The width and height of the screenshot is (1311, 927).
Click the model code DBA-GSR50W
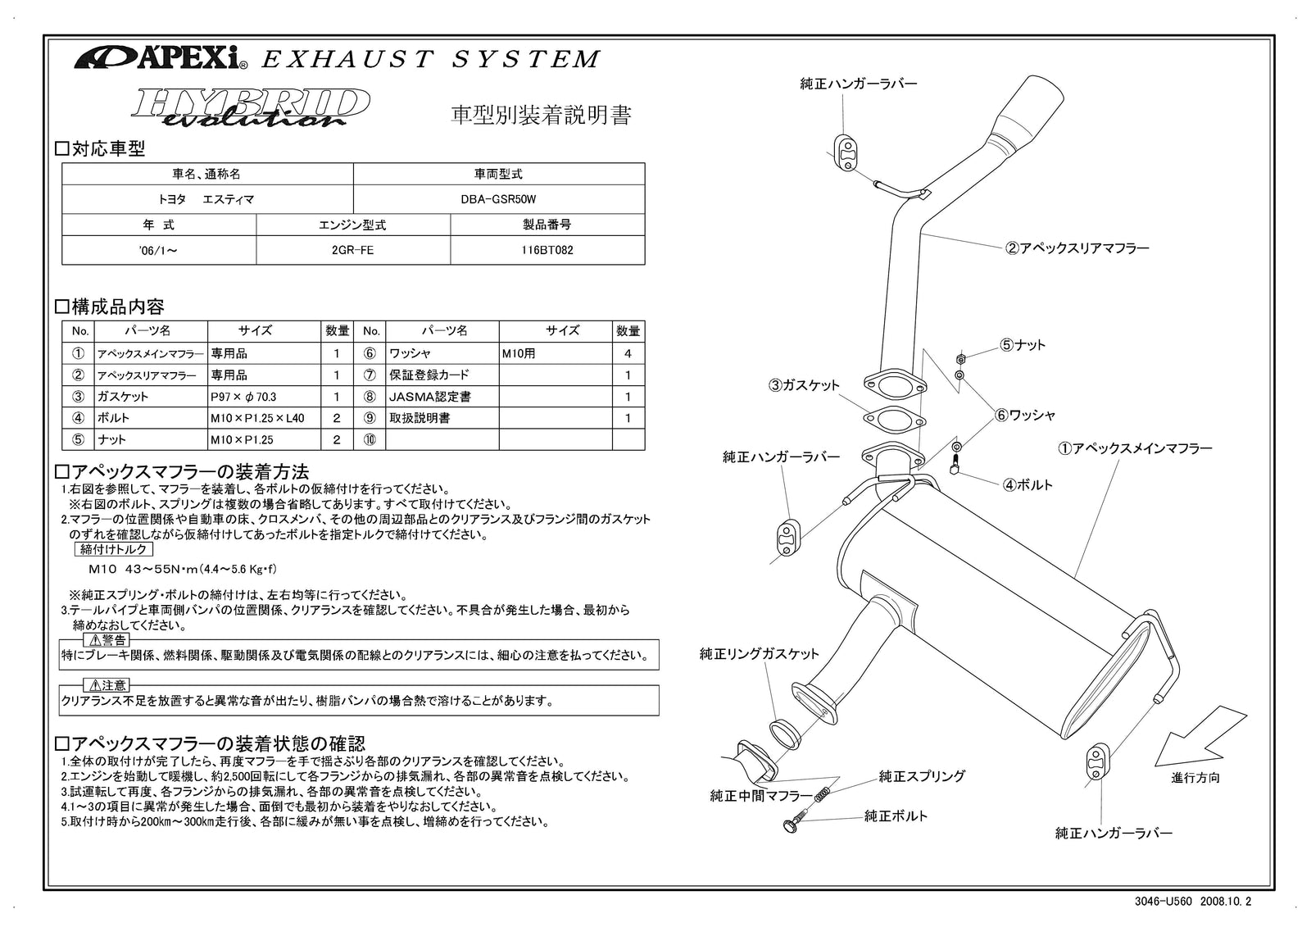pos(498,199)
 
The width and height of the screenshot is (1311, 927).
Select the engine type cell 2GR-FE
pos(352,250)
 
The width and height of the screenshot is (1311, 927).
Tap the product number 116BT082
pos(547,250)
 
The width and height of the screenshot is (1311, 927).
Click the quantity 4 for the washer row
pos(628,354)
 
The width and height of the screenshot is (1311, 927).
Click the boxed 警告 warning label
pos(107,640)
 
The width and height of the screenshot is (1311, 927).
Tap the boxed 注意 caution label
pos(107,685)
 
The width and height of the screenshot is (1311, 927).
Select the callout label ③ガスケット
pos(804,385)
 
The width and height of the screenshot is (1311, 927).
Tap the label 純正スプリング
pos(921,775)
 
